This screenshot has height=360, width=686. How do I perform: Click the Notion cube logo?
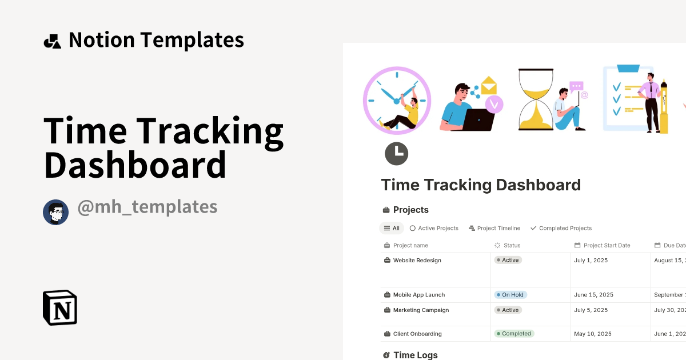click(60, 307)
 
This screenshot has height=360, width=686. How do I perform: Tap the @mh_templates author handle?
click(147, 207)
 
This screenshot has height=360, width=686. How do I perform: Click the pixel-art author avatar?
click(55, 213)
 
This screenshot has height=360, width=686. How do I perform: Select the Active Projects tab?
click(434, 228)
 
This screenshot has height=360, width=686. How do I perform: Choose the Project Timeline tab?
click(494, 228)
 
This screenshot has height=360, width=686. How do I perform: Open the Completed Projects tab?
click(561, 228)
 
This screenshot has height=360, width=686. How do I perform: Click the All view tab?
click(392, 228)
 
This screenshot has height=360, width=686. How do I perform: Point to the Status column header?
click(512, 245)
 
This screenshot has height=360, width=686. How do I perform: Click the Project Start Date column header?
click(607, 245)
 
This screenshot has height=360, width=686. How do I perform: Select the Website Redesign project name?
click(417, 260)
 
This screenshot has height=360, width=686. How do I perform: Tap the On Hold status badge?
click(510, 295)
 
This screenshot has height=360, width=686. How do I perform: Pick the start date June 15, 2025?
click(593, 295)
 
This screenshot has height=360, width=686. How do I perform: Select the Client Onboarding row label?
click(417, 334)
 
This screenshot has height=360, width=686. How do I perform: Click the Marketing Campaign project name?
click(421, 310)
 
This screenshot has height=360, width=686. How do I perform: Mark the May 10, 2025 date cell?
click(592, 334)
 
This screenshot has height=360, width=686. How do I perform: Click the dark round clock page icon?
click(396, 154)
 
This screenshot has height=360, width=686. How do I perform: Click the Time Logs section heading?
click(415, 355)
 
